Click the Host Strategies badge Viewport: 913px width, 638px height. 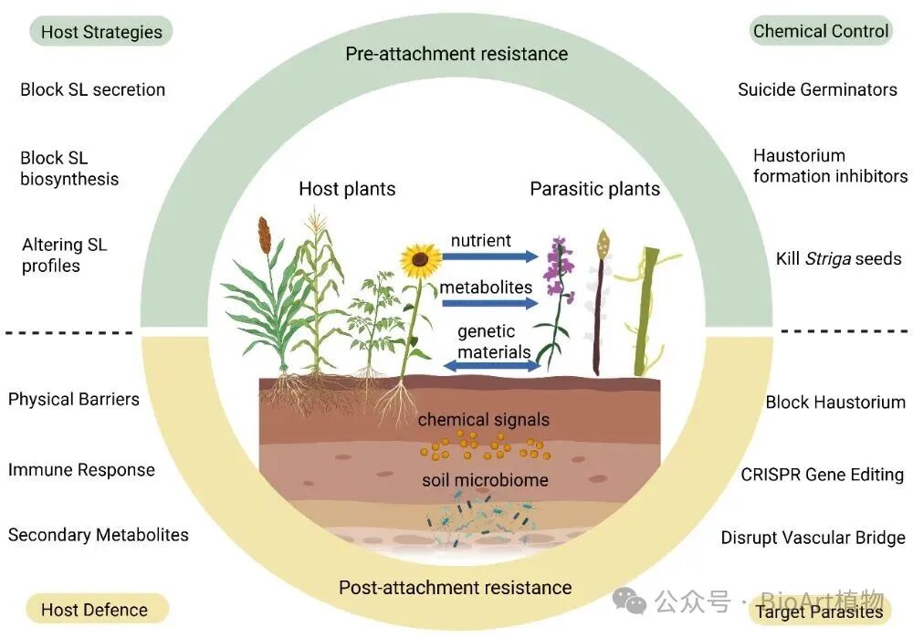tap(101, 32)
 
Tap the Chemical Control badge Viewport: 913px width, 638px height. tap(820, 31)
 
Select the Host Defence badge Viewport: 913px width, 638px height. tap(94, 610)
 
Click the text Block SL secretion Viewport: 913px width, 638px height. tap(92, 89)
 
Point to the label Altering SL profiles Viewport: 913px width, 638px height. tap(64, 256)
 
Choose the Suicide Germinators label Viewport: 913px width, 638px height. tap(817, 89)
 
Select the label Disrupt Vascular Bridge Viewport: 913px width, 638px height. tap(813, 538)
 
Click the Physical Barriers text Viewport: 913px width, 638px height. tap(74, 399)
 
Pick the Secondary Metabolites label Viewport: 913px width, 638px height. tap(99, 535)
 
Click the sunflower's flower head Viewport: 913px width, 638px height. tap(420, 259)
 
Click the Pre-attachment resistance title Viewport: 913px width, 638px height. tap(456, 54)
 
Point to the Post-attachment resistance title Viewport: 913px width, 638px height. tap(455, 587)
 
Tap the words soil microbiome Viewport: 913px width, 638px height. tap(484, 480)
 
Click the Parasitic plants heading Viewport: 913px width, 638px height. tap(594, 189)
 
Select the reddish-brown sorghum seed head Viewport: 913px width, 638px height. tap(264, 236)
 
